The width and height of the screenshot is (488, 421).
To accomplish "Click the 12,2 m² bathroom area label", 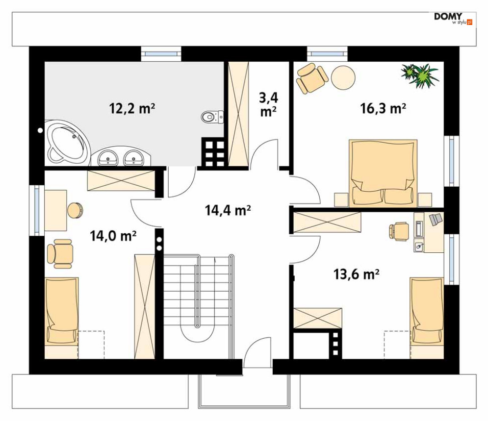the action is [x=132, y=108].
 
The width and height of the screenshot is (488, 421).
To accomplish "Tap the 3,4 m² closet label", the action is [x=269, y=104].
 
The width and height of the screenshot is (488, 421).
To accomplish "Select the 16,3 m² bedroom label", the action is [x=383, y=108].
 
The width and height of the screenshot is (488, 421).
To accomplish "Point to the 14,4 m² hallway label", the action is [x=228, y=211].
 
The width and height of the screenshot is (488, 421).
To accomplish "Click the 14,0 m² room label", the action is [x=113, y=236].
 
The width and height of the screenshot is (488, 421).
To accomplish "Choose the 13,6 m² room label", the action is [x=357, y=274].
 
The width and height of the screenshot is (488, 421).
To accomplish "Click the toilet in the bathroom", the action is [x=212, y=117].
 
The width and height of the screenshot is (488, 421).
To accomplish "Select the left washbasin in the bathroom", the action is [x=108, y=157].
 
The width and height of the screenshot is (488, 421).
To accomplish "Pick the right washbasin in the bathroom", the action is [x=134, y=157].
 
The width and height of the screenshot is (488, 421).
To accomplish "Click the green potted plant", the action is [x=420, y=75].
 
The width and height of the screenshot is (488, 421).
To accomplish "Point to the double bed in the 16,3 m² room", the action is [x=383, y=173].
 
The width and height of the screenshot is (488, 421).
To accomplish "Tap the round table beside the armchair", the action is [x=343, y=77].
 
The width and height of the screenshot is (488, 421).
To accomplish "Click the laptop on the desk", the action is [x=436, y=219].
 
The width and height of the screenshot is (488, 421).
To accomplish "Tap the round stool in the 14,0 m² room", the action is [x=75, y=210].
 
